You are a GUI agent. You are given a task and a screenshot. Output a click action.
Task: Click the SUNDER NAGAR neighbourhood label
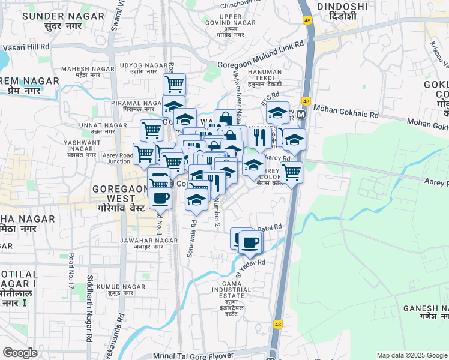point(52,16)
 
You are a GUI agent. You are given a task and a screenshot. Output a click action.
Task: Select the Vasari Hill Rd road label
point(26,47)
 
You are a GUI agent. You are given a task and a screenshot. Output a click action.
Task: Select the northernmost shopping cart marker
point(174,83)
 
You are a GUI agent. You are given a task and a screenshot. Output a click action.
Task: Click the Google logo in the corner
point(20,353)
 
